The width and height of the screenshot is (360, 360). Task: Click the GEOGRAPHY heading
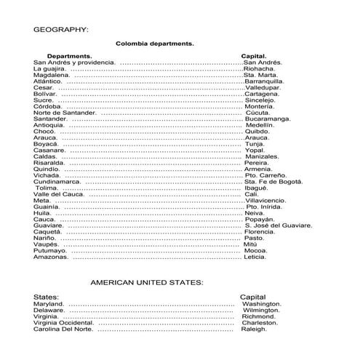click(x=61, y=30)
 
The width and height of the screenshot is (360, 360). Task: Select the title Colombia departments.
click(x=154, y=44)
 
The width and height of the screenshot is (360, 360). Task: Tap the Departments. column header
click(x=69, y=56)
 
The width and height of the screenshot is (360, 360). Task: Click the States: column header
click(x=47, y=297)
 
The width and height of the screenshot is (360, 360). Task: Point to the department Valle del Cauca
click(x=60, y=193)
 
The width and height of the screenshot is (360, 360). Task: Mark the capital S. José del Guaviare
click(x=278, y=225)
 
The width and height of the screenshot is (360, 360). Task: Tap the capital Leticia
click(x=255, y=256)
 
